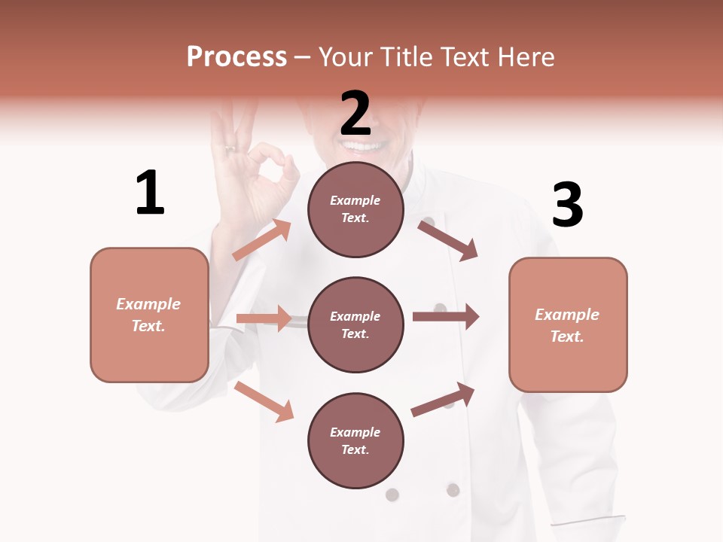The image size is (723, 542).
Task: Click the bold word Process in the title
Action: (236, 57)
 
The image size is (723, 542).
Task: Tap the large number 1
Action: (150, 193)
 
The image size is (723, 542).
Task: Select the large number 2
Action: (355, 113)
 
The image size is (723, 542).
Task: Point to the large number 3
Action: (568, 205)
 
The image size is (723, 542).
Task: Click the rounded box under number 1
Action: (149, 315)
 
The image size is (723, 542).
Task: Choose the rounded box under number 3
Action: (568, 324)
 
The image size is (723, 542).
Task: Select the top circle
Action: (355, 209)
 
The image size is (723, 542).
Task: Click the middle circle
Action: (355, 324)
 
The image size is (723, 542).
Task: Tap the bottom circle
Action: (355, 440)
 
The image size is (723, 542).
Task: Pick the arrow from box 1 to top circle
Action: (261, 239)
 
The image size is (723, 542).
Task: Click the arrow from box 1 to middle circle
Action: (264, 318)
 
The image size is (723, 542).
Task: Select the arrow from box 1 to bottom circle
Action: (264, 401)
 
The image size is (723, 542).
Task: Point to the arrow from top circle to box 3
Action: (448, 240)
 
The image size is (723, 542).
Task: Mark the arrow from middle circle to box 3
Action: (446, 317)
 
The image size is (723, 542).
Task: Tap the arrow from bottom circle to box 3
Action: (444, 399)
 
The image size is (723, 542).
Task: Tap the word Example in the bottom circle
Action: (355, 432)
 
